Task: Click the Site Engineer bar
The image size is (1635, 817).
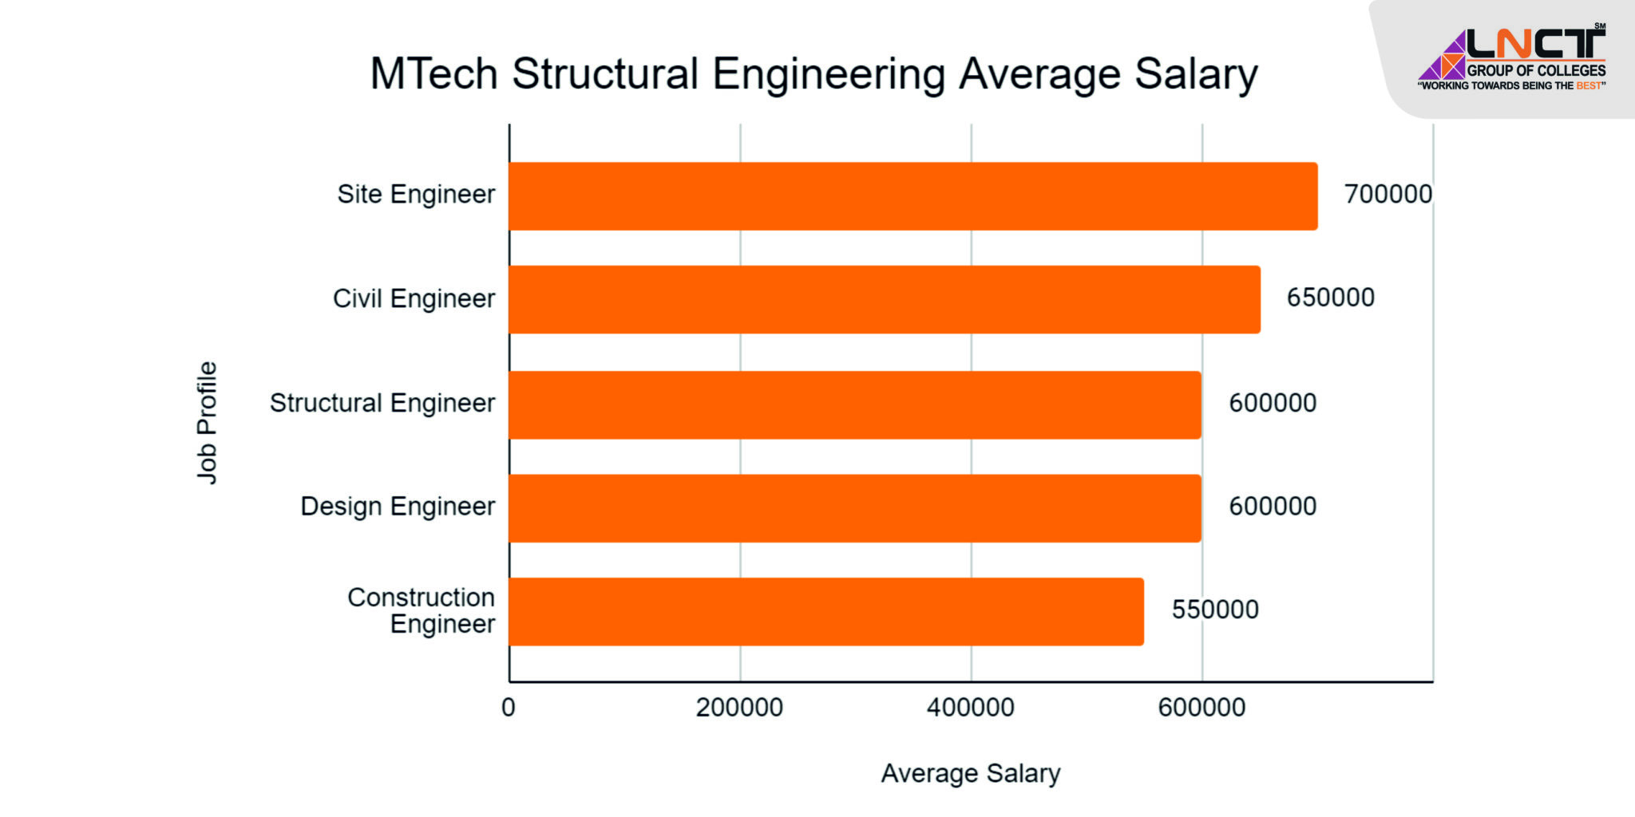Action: (x=913, y=196)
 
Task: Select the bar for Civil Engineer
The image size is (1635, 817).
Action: (x=884, y=299)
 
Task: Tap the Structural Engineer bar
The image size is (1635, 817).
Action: (x=854, y=405)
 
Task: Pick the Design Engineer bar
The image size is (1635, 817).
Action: (x=854, y=508)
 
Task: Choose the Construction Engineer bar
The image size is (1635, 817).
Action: (x=825, y=612)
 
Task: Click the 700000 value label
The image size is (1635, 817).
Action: (x=1388, y=195)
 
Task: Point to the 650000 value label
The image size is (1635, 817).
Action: (x=1330, y=298)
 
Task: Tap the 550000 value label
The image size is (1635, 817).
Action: (x=1214, y=610)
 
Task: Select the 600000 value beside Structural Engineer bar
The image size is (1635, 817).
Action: (x=1272, y=403)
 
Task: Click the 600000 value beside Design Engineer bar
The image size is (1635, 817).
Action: (x=1272, y=507)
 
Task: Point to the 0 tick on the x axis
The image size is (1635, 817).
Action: (x=509, y=708)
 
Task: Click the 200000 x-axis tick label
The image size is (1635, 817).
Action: (x=739, y=708)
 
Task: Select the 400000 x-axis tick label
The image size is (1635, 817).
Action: (x=970, y=708)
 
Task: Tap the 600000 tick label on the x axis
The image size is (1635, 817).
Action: (x=1202, y=708)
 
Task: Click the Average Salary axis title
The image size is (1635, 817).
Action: (x=970, y=773)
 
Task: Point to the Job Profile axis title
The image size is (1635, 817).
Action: (x=207, y=423)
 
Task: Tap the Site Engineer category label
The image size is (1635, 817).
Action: (x=416, y=195)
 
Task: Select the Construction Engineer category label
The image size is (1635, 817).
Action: (x=421, y=610)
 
